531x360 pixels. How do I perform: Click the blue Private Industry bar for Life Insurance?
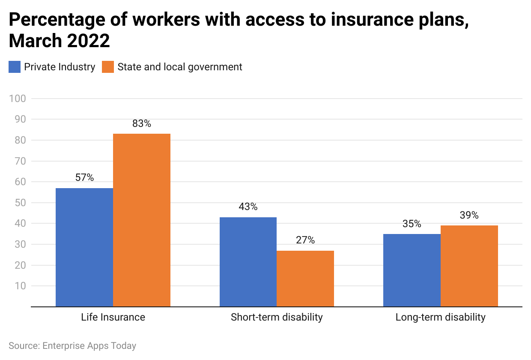tap(84, 247)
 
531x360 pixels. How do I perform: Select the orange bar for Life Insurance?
tap(142, 220)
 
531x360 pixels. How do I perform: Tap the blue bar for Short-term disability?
tap(248, 262)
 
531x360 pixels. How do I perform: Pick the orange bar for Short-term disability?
tap(305, 279)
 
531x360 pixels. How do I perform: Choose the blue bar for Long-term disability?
tap(412, 270)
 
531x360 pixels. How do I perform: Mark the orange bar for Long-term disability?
tap(469, 266)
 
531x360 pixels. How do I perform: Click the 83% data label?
tap(142, 123)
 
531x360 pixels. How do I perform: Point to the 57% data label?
tap(84, 177)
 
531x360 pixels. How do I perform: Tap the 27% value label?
tap(305, 240)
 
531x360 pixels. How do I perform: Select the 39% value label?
tap(469, 215)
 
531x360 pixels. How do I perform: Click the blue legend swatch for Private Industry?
tap(15, 67)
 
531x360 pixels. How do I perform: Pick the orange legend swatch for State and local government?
tap(108, 67)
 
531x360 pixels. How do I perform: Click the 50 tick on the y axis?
tap(20, 203)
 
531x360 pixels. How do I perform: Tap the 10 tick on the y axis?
tap(20, 286)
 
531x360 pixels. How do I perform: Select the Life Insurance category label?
tap(113, 318)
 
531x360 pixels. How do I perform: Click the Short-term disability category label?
tap(277, 318)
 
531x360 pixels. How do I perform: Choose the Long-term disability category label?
tap(440, 318)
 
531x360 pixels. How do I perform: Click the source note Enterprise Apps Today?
tap(72, 345)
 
